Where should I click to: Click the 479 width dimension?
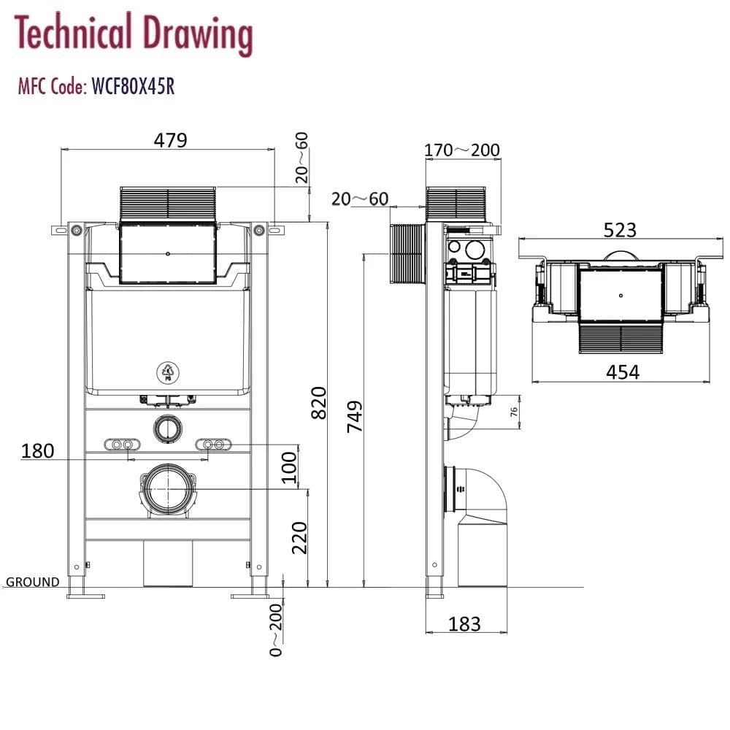coord(169,139)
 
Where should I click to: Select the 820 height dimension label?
coord(319,402)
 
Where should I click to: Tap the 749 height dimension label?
coord(356,415)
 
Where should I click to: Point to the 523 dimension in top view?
coord(620,230)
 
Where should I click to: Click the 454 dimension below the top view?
coord(623,372)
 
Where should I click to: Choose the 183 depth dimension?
coord(465,624)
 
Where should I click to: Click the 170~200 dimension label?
coord(462,150)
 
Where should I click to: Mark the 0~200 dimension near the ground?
coord(275,629)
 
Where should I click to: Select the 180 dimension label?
coord(37,450)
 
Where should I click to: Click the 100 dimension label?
coord(290,468)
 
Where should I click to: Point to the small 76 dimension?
coord(513,411)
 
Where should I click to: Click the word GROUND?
coord(33,582)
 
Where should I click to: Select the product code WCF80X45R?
coord(133,88)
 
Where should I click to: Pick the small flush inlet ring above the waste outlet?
coord(168,429)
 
